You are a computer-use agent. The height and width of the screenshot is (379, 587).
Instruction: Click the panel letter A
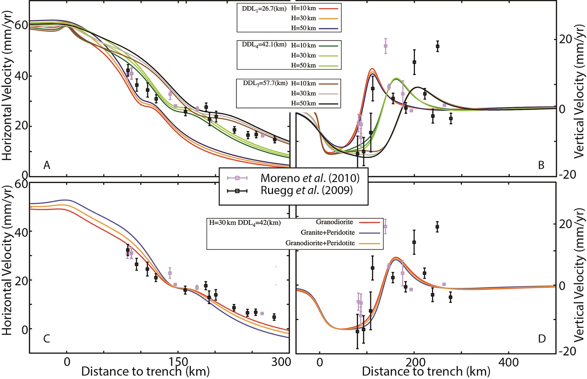[47, 165]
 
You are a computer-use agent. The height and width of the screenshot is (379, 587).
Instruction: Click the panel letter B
[541, 165]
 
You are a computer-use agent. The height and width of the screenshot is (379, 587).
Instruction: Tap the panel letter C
[47, 339]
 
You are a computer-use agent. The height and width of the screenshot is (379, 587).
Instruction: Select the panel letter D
[542, 339]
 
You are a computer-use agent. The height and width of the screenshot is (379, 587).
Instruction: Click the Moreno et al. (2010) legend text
[310, 178]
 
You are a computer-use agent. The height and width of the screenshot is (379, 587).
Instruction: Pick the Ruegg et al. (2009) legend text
[306, 190]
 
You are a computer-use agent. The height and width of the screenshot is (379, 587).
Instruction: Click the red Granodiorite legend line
[369, 222]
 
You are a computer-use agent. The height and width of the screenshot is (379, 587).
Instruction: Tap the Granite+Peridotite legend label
[327, 232]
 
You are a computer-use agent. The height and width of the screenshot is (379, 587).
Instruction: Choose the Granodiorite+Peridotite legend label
[320, 243]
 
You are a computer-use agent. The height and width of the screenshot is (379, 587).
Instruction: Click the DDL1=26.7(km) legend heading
[264, 9]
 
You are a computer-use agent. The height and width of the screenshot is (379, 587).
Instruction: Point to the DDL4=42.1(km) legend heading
[264, 45]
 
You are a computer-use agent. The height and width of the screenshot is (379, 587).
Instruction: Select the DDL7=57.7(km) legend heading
[265, 83]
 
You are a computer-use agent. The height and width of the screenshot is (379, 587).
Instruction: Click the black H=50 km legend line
[328, 104]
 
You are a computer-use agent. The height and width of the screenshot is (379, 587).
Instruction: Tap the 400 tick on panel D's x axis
[508, 362]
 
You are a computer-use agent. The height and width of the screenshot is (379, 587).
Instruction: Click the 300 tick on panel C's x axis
[281, 362]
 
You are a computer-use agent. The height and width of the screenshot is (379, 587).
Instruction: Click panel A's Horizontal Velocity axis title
[7, 86]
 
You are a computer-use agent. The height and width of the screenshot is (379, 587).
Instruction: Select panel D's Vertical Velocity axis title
[579, 274]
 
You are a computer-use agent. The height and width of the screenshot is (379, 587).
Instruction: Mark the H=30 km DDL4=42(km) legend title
[245, 223]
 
